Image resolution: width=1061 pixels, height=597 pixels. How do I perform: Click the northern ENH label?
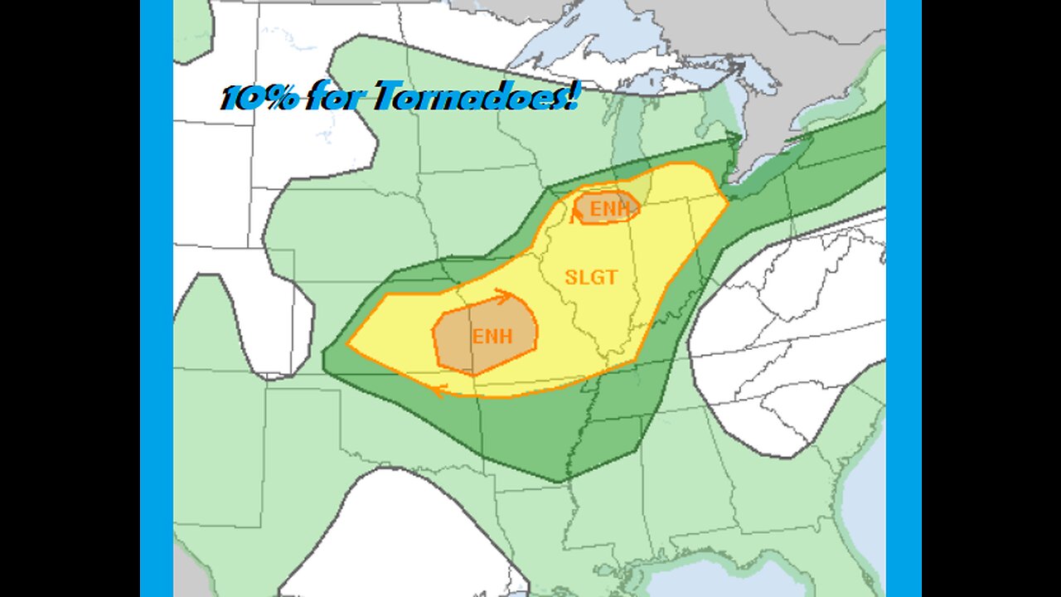coord(610,209)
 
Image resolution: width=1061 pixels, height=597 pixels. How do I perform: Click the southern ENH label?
coord(492,337)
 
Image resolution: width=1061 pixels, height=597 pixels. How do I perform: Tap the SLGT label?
coord(591,277)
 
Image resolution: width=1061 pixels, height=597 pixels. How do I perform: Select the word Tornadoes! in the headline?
coord(475,98)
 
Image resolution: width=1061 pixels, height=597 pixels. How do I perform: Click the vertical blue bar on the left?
coord(156,298)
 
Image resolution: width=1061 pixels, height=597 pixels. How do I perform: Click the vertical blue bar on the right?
coord(904,298)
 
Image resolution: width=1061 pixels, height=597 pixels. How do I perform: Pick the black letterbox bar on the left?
coord(70,298)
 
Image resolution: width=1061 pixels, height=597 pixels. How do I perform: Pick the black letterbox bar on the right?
coord(991,298)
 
